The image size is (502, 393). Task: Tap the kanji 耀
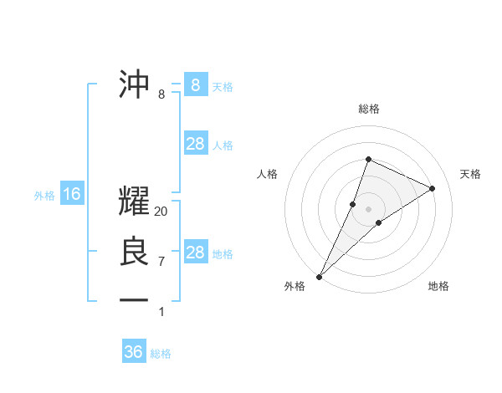[136, 202]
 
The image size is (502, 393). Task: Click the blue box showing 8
[195, 84]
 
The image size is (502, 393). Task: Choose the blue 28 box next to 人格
[195, 144]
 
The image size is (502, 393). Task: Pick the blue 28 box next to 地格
[195, 253]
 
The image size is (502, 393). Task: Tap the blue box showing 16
[72, 195]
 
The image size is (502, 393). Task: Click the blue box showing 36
[134, 352]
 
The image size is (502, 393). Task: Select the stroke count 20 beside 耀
[161, 212]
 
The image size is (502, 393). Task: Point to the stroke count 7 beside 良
[161, 261]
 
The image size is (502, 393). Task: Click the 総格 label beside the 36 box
[161, 354]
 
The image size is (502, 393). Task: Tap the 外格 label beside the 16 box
[44, 196]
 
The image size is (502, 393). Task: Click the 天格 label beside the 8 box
[223, 86]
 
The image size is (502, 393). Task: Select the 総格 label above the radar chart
[368, 109]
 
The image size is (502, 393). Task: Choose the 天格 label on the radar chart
[470, 174]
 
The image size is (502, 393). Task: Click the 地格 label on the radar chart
[438, 286]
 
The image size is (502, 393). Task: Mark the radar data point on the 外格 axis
[319, 276]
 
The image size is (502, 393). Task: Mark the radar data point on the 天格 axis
[433, 188]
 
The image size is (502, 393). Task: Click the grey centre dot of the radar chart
[368, 209]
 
